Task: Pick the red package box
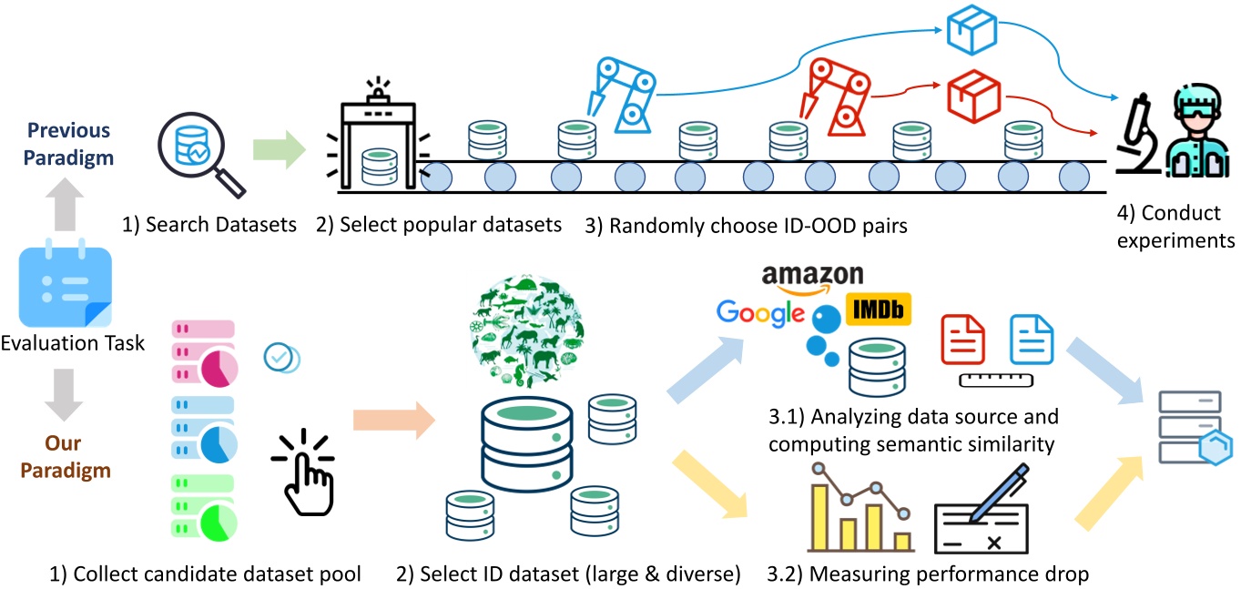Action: click(x=973, y=93)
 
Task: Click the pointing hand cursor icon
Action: click(x=306, y=469)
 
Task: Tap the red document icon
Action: click(x=962, y=342)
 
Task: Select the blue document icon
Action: click(x=1030, y=342)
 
